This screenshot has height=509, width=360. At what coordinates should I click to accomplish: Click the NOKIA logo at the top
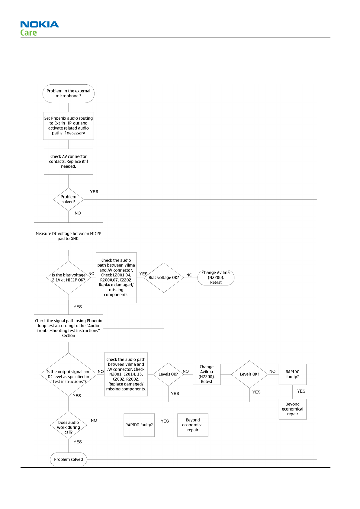coord(40,24)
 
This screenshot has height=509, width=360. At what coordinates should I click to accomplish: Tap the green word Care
coord(28,33)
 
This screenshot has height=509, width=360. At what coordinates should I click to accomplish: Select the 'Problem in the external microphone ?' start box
coord(68,93)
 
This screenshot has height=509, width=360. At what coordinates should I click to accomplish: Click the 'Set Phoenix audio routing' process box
coord(68,126)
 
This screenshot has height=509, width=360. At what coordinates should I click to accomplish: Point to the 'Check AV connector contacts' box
coord(68,162)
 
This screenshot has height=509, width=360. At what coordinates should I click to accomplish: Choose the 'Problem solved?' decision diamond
coord(68,199)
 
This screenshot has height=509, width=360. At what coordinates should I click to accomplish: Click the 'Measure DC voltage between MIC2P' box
coord(68,236)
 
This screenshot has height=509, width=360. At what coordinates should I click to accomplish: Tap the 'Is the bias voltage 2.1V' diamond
coord(68,277)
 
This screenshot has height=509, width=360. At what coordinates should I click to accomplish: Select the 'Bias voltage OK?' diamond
coord(163,277)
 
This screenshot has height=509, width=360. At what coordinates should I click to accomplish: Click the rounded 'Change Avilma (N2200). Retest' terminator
coord(216,277)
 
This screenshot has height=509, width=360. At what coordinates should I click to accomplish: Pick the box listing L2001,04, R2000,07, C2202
coord(116,277)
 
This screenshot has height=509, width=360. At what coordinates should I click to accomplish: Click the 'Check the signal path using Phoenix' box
coord(68,328)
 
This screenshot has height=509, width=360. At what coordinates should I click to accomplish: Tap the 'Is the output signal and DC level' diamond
coord(68,374)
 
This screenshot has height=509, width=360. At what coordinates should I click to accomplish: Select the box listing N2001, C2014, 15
coord(126,374)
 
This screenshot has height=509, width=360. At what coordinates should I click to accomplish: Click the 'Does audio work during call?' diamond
coord(68,425)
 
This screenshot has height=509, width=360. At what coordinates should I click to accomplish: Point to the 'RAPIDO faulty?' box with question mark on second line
coord(292,374)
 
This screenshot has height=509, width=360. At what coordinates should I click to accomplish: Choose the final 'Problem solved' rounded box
coord(68,459)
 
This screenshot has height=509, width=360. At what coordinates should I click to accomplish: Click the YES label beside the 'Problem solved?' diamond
coord(94,192)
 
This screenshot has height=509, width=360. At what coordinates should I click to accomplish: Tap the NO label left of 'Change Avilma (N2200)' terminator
coord(189,275)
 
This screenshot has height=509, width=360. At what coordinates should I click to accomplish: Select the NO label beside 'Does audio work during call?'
coord(94,420)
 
